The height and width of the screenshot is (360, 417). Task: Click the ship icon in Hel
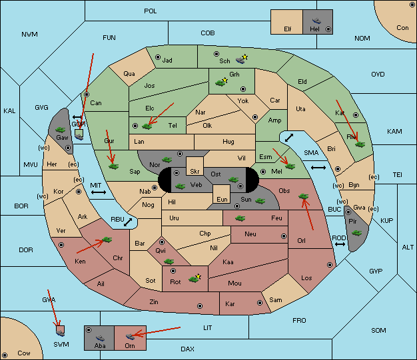click(316, 21)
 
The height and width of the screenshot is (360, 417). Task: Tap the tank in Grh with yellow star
click(220, 83)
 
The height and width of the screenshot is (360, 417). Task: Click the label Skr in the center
click(195, 172)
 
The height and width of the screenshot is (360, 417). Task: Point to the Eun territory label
click(222, 199)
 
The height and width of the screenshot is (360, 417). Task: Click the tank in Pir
click(356, 233)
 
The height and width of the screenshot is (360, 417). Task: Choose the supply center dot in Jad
click(158, 57)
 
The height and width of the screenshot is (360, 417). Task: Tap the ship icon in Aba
click(101, 338)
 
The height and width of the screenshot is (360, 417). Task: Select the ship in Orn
click(130, 337)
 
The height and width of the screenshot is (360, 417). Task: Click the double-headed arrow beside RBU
click(128, 222)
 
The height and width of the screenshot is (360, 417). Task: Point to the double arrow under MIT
click(99, 192)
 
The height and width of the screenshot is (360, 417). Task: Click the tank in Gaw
click(60, 130)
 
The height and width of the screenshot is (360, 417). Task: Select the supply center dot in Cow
click(5, 355)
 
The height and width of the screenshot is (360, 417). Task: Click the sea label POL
click(151, 11)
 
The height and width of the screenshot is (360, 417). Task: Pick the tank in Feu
click(240, 218)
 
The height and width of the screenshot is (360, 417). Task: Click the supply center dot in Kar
click(260, 303)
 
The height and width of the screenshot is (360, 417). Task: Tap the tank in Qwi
click(169, 262)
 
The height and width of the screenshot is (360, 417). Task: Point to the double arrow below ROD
click(340, 244)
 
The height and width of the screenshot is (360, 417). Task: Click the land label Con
click(402, 28)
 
